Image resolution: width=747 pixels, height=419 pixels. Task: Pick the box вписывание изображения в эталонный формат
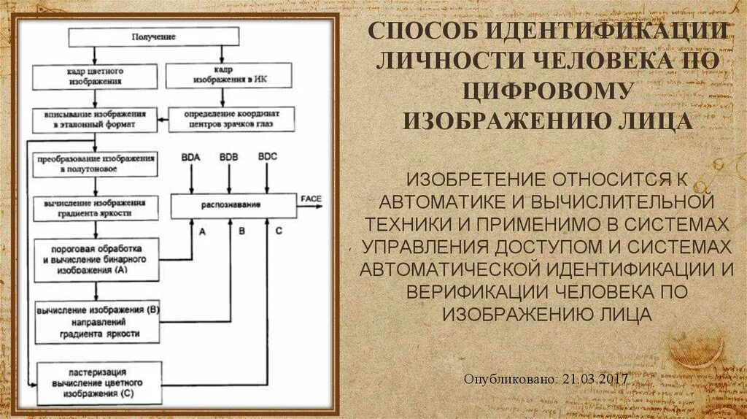[95, 120]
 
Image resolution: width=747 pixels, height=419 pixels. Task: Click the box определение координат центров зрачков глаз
[231, 120]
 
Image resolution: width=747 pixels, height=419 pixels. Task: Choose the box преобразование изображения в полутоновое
[95, 164]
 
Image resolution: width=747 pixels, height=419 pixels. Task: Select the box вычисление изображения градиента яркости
[95, 207]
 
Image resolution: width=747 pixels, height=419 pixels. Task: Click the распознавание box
[233, 207]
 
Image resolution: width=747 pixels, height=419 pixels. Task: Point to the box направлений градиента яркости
[96, 321]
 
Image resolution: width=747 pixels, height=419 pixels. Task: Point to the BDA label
[191, 158]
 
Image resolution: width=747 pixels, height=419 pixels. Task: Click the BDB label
[229, 158]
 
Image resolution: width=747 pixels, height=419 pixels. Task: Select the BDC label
[268, 158]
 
